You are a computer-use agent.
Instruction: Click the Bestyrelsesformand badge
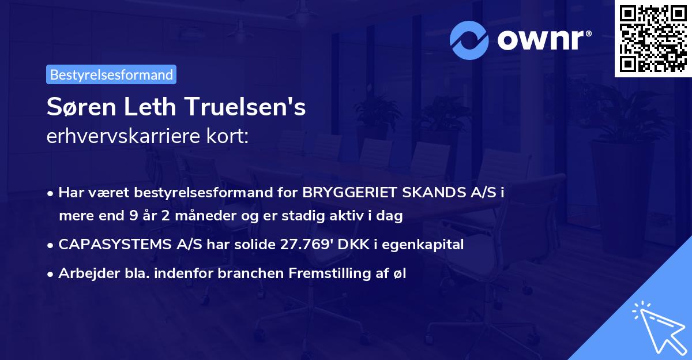[x=111, y=74]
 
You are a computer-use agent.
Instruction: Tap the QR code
[x=653, y=39]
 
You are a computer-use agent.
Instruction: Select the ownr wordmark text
[x=543, y=39]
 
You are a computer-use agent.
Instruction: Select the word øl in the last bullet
[x=400, y=274]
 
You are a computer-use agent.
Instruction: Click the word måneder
[x=176, y=216]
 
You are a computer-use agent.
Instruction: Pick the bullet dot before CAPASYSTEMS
[x=51, y=245]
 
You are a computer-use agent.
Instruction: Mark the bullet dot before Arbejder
[x=51, y=275]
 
